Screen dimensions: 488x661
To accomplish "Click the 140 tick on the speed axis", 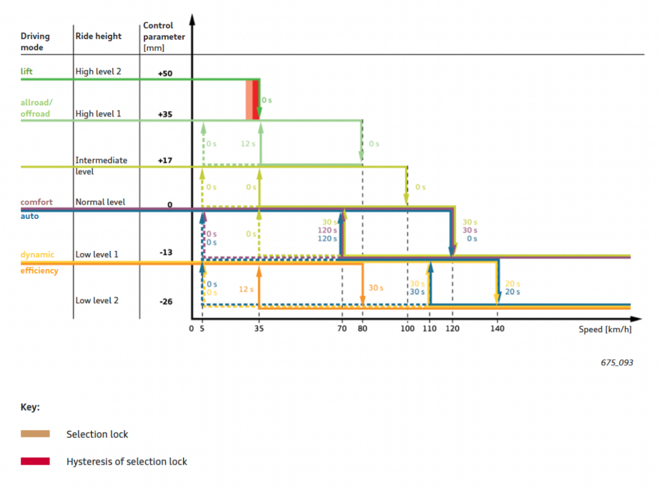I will coord(498,329).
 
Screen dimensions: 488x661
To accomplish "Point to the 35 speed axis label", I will coord(259,329).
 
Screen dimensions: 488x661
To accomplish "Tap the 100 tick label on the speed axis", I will coord(407,329).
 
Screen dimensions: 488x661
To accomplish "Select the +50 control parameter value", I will coord(165,73).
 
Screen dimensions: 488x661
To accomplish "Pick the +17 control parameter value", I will coord(165,160).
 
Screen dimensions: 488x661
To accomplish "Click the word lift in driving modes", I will coord(27,71).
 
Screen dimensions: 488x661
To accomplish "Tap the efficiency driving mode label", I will coord(40,270).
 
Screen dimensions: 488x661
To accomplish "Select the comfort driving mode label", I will coord(37,202).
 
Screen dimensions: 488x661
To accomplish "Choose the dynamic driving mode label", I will coord(37,254).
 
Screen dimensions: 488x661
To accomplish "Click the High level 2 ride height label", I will coord(98,71).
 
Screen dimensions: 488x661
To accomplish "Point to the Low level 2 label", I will coord(97,300).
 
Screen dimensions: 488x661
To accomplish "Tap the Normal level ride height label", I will coord(100,202).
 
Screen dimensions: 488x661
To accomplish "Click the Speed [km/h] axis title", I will coord(605,329).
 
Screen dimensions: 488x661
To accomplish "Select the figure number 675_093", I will coord(616,362).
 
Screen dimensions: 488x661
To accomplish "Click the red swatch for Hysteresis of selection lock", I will coord(35,461).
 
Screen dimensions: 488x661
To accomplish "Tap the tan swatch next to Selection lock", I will coord(35,434).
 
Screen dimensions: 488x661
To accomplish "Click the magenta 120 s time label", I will coord(327,231).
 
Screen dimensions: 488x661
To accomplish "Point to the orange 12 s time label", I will coord(246,289).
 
